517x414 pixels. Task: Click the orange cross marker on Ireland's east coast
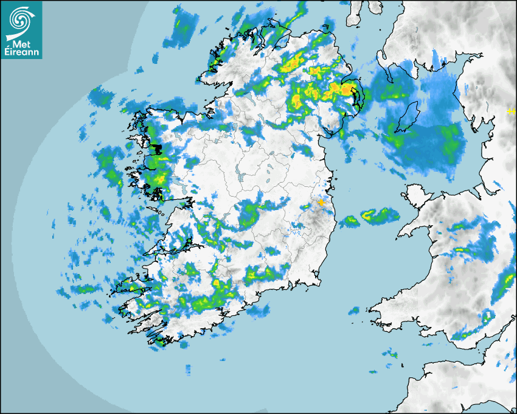pos(321,202)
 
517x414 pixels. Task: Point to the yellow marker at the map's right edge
pos(511,111)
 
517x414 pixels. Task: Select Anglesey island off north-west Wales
pos(414,197)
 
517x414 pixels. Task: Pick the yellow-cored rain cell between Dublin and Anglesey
pos(369,214)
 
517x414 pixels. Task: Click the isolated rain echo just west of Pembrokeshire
pos(353,310)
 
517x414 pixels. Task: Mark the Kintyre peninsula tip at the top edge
pos(353,18)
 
